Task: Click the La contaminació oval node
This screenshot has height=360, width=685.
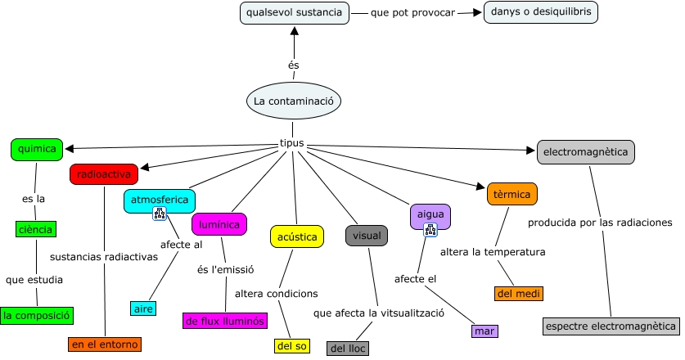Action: [293, 101]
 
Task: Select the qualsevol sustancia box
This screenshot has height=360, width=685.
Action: [295, 12]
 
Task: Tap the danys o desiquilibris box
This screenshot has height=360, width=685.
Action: [541, 12]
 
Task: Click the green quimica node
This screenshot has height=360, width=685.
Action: [37, 149]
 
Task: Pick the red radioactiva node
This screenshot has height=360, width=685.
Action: [104, 174]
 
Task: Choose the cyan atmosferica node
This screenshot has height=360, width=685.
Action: [159, 199]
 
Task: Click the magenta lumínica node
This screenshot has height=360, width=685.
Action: [219, 223]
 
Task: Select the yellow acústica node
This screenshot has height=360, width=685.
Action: [297, 236]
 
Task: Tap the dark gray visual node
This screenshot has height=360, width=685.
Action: [366, 236]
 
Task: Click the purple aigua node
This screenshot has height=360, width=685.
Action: [430, 214]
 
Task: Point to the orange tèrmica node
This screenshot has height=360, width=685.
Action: [511, 194]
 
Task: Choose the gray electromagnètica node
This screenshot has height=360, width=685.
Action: [586, 151]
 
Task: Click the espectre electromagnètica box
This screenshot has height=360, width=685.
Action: [611, 326]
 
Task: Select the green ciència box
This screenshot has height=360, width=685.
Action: [35, 229]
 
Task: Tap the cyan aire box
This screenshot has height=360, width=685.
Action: [143, 308]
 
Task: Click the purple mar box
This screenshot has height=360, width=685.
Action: [484, 331]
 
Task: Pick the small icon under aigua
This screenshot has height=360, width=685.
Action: [430, 231]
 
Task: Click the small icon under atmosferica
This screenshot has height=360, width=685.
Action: [160, 214]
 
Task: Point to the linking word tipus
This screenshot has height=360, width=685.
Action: [292, 143]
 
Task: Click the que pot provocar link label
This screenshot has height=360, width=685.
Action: [413, 13]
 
